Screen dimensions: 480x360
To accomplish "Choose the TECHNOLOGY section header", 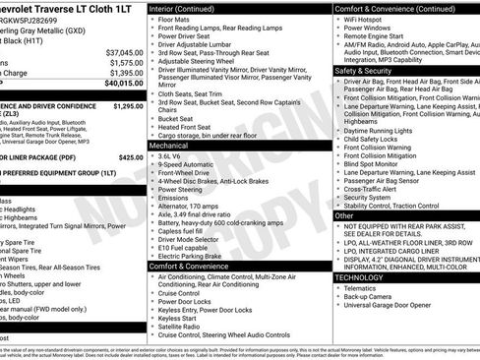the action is (x=365, y=277).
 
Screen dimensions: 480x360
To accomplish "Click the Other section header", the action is (x=344, y=215).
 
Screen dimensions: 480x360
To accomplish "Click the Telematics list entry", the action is (x=363, y=287).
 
